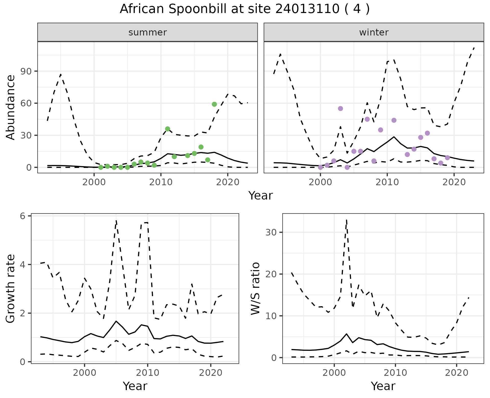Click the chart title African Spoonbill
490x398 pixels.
pyautogui.click(x=244, y=9)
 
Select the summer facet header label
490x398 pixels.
pyautogui.click(x=148, y=32)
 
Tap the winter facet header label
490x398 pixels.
pyautogui.click(x=374, y=32)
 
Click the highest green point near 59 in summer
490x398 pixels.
pyautogui.click(x=214, y=104)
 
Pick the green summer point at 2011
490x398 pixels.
pyautogui.click(x=167, y=129)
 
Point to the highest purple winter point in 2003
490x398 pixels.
pyautogui.click(x=340, y=108)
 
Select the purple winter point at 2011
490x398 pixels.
pyautogui.click(x=394, y=120)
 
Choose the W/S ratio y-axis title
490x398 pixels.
pyautogui.click(x=255, y=289)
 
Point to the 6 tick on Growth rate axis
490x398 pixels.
pyautogui.click(x=22, y=216)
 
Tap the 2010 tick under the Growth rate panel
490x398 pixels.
pyautogui.click(x=148, y=373)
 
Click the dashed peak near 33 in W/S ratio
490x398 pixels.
pyautogui.click(x=346, y=220)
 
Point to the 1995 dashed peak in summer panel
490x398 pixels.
pyautogui.click(x=61, y=74)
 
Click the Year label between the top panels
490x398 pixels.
pyautogui.click(x=260, y=196)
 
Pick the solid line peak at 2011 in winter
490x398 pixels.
pyautogui.click(x=394, y=137)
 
